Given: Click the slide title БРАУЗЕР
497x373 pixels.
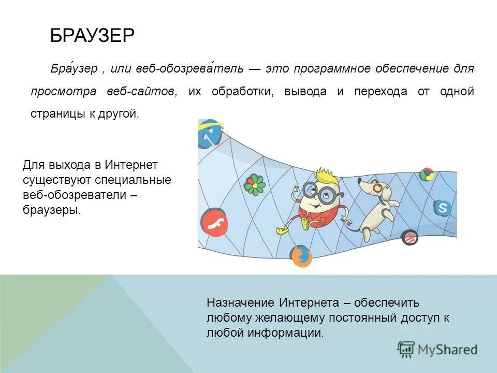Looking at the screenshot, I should (x=92, y=36).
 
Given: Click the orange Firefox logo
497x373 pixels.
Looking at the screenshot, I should (x=301, y=256).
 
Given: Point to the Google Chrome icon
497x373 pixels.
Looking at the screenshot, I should (x=427, y=175).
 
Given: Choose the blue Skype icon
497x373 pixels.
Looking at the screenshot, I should (x=442, y=208).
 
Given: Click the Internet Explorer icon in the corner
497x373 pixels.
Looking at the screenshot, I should (x=210, y=134).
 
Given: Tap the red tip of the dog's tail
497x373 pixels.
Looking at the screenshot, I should (x=349, y=225).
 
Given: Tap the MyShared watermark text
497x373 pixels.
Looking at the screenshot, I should (x=447, y=350).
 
